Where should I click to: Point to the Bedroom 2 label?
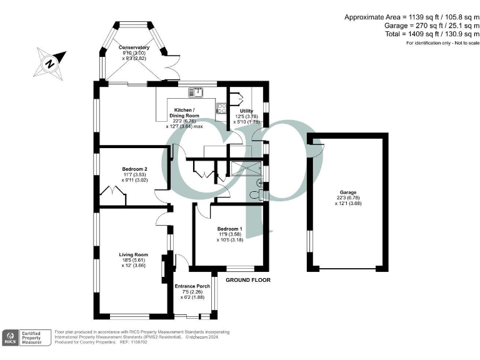pyautogui.click(x=134, y=169)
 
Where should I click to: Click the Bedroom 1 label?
pyautogui.click(x=230, y=229)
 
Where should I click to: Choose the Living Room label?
pyautogui.click(x=134, y=254)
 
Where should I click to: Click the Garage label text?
pyautogui.click(x=348, y=192)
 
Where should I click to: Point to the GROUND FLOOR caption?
pyautogui.click(x=248, y=280)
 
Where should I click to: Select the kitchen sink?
pyautogui.click(x=199, y=94)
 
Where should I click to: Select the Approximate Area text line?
pyautogui.click(x=411, y=17)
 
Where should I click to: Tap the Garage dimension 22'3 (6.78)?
pyautogui.click(x=348, y=198)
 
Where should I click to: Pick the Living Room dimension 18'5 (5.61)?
pyautogui.click(x=134, y=260)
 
